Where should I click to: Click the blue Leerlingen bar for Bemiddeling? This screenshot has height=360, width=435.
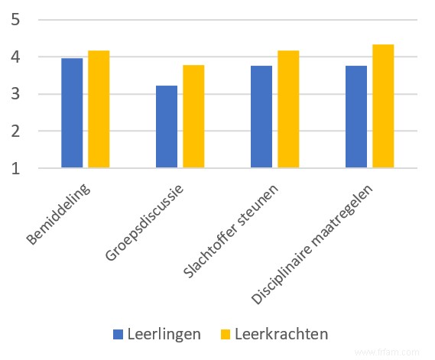(72, 113)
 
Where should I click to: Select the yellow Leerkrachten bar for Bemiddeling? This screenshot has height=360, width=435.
(99, 109)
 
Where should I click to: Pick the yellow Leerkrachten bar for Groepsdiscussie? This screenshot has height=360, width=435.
(193, 116)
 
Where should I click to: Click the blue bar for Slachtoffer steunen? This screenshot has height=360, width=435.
(261, 117)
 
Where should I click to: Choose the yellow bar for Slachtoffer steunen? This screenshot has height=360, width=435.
(288, 109)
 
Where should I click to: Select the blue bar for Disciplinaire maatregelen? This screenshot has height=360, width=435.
(356, 117)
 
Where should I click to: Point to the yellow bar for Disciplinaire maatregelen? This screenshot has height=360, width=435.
(383, 106)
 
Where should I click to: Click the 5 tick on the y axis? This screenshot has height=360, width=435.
(15, 20)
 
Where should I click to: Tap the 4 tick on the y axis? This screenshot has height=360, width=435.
(15, 57)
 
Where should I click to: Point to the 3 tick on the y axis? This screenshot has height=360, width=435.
(15, 95)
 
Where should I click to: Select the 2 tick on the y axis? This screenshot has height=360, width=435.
(15, 131)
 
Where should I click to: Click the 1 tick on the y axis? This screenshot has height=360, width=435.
(15, 168)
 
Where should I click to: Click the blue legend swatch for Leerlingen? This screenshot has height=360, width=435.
(118, 334)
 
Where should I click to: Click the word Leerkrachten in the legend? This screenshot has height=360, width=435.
(281, 334)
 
